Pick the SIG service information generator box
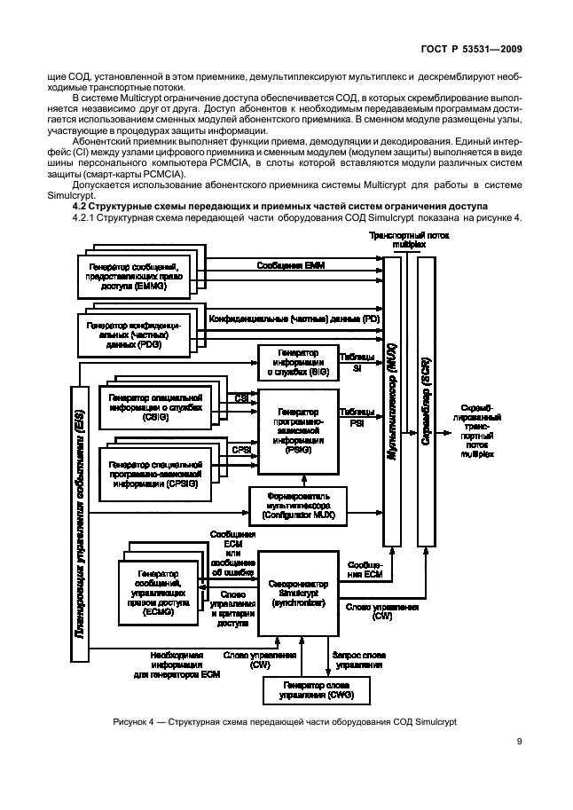[x=297, y=364]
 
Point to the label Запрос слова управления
[x=357, y=659]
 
